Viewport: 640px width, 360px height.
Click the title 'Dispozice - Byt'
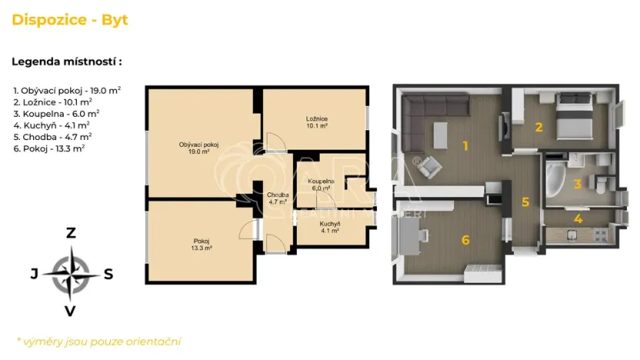coord(70,20)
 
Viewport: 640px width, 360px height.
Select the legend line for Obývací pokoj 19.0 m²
coord(67,90)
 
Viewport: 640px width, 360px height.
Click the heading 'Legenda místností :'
coord(67,62)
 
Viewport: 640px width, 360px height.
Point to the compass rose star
coord(71,272)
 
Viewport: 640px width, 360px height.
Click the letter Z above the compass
coord(71,232)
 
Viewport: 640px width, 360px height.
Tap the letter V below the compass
coord(71,311)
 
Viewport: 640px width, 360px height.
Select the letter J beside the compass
coord(34,273)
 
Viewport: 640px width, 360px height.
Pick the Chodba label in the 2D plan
coord(278,199)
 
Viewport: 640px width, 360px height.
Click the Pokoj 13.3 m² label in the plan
coord(200,244)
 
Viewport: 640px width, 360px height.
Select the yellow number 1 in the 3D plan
coord(465,145)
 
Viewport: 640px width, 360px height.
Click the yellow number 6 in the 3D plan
coord(465,239)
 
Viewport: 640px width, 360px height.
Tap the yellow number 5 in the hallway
coord(525,202)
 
